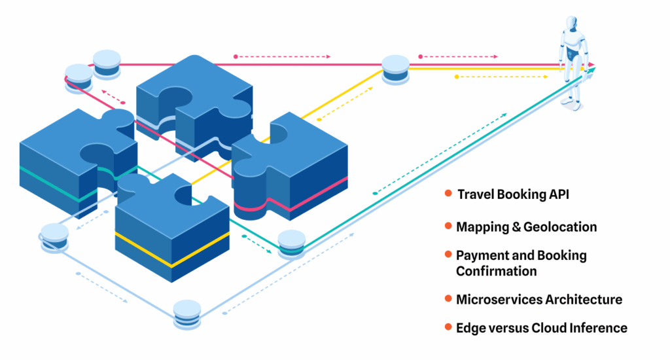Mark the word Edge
(469, 328)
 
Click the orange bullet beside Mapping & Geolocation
(448, 226)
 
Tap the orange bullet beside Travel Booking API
(448, 194)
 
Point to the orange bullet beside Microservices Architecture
(448, 299)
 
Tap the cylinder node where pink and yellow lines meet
(395, 68)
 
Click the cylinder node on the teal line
(292, 243)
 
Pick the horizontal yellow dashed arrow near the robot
(501, 77)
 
